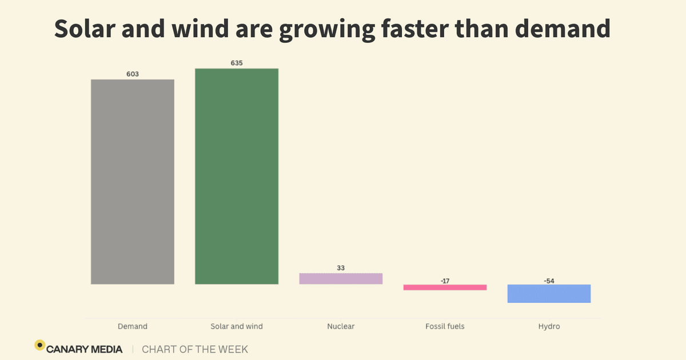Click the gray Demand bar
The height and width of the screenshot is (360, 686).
(133, 182)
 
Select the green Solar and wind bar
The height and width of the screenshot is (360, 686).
(237, 176)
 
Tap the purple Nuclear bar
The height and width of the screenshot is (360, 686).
(341, 278)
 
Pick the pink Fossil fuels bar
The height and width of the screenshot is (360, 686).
(445, 287)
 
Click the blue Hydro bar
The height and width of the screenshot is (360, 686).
(549, 293)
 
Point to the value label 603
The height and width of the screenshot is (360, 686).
(133, 74)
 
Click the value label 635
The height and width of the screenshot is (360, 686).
(237, 63)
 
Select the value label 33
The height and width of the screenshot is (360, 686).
(341, 268)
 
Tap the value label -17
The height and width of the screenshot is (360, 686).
(445, 281)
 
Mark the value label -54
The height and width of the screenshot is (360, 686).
(549, 281)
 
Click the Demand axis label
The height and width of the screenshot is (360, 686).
(133, 326)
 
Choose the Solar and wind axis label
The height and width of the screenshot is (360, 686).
(237, 326)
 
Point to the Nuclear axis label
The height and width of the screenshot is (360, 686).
(341, 326)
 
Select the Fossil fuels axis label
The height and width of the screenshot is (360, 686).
(445, 326)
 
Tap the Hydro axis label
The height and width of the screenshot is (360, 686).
(549, 326)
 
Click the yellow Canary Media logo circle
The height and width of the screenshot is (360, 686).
(39, 345)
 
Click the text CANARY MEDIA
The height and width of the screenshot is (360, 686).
(85, 349)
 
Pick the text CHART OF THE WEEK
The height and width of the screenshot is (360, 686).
(195, 349)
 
